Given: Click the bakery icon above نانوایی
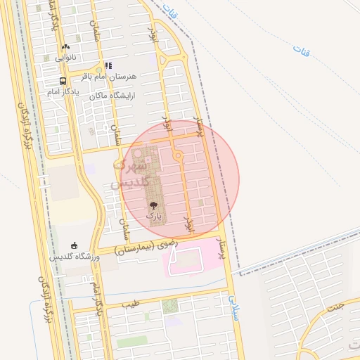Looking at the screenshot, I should [65, 46].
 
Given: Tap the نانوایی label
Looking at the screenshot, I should [65, 56].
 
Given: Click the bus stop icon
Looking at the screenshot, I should [63, 81].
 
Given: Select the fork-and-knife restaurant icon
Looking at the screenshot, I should [108, 65].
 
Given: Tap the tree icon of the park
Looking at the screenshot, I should [153, 205].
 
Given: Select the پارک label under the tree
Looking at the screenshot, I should [153, 216].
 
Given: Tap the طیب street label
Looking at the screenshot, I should [130, 305].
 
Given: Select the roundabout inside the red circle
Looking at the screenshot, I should [179, 155].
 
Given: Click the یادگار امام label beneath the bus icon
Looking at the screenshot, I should [63, 92].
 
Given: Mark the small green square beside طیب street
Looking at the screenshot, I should [170, 306].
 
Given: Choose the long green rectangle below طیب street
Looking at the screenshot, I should [132, 343].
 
